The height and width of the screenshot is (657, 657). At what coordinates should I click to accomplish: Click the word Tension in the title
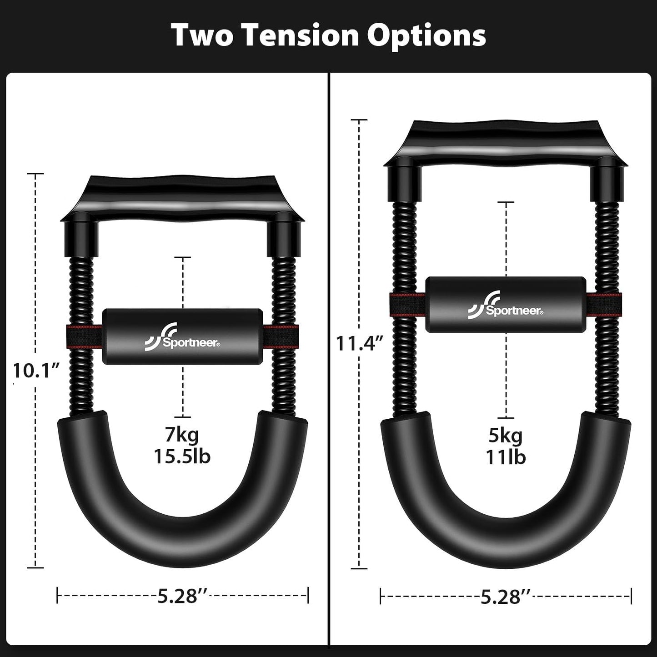pyautogui.click(x=301, y=35)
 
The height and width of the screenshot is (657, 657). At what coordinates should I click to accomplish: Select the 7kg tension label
pyautogui.click(x=182, y=435)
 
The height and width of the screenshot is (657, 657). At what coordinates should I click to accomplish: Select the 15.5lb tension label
pyautogui.click(x=182, y=456)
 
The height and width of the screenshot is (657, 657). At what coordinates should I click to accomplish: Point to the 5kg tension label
pyautogui.click(x=506, y=436)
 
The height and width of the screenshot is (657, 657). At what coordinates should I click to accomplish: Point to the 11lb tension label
pyautogui.click(x=506, y=457)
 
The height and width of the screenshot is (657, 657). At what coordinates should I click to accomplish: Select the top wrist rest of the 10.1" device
pyautogui.click(x=182, y=196)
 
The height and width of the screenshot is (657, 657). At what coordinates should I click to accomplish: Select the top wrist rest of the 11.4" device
pyautogui.click(x=505, y=141)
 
